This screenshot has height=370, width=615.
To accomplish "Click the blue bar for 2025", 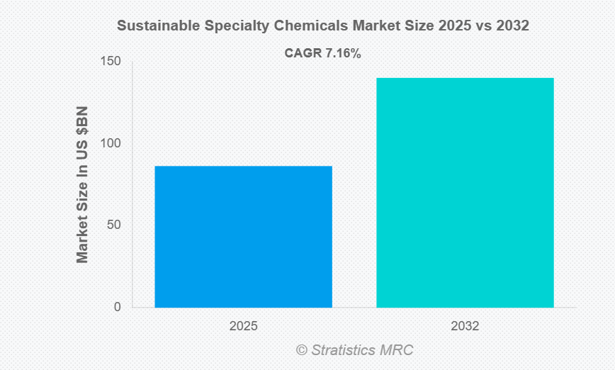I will (x=243, y=237).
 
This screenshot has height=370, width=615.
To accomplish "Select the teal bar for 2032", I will (x=465, y=193).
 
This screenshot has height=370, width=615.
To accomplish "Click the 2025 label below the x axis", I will (x=243, y=327).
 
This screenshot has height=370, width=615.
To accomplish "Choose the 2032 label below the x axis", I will (x=465, y=327).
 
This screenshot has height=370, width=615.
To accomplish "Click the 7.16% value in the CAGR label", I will (x=343, y=53).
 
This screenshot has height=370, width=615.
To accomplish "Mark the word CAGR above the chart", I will (x=303, y=53).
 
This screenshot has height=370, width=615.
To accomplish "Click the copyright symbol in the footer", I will (x=302, y=350).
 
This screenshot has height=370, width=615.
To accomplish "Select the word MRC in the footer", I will (x=397, y=350).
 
